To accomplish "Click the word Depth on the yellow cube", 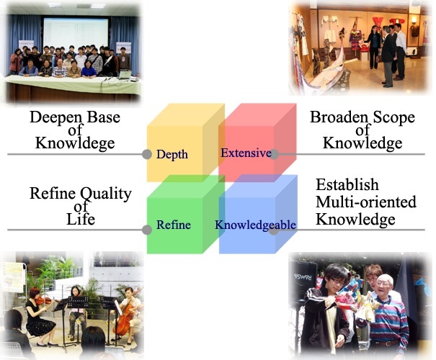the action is tap(172, 155).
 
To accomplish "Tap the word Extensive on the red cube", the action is tap(246, 153).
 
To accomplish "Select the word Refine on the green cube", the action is tap(174, 225).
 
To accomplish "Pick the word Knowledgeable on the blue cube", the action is tap(255, 225).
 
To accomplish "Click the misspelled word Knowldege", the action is tap(75, 143).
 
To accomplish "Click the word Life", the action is tap(81, 219).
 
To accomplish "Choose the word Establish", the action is tap(347, 184).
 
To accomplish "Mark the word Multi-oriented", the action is tap(366, 202).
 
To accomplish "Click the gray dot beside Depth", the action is tap(147, 154).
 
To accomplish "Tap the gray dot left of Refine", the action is tap(147, 230).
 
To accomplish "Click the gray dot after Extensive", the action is tap(274, 154).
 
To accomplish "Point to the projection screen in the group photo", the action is tap(76, 33).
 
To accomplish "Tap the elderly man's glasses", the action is tap(383, 284).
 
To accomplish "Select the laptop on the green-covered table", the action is tap(125, 75).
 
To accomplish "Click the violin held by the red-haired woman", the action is tap(43, 300).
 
